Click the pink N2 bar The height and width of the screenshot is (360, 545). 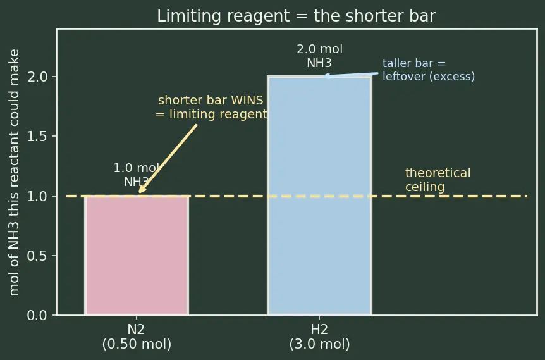coord(137,256)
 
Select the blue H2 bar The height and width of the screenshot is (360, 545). coord(319,196)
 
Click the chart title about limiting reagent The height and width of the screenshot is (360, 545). coord(296,16)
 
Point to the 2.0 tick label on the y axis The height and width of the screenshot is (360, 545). coord(37,77)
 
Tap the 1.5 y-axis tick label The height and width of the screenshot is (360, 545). coord(37,137)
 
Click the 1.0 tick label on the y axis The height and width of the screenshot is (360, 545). coord(37,196)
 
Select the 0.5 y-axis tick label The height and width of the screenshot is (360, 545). coord(37,256)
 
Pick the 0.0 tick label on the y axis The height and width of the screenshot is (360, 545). coord(37,316)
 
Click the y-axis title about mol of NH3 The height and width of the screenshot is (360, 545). coord(14,172)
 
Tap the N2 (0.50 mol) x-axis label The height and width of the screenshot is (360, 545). coord(137,337)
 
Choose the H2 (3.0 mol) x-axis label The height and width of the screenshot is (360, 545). coord(319,337)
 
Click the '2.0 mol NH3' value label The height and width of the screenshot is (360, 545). coord(319,56)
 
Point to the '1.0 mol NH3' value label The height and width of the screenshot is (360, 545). coord(137,175)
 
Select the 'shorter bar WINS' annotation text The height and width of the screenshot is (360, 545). coord(211,100)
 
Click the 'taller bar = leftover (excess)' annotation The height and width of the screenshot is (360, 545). coord(428,70)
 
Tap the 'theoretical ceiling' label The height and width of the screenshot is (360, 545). coord(438,180)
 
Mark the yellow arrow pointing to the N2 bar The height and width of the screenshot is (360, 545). coord(168,159)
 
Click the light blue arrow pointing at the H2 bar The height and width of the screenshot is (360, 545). coord(350,75)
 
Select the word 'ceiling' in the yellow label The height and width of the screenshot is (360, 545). coord(425,187)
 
